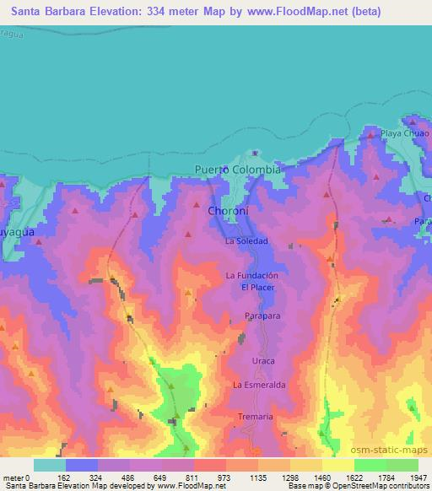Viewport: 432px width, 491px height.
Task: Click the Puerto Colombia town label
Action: click(237, 169)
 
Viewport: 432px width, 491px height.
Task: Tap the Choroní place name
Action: click(227, 211)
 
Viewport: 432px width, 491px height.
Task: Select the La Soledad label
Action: click(246, 241)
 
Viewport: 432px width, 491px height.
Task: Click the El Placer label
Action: click(257, 288)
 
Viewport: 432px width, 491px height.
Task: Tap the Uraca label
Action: click(263, 361)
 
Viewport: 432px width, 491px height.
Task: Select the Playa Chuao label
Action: click(404, 133)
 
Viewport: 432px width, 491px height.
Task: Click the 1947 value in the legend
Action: click(418, 478)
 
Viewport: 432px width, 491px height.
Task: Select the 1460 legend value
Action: click(321, 478)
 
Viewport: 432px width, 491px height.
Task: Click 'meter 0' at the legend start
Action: click(16, 478)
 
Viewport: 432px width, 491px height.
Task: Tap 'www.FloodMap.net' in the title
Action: click(283, 11)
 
